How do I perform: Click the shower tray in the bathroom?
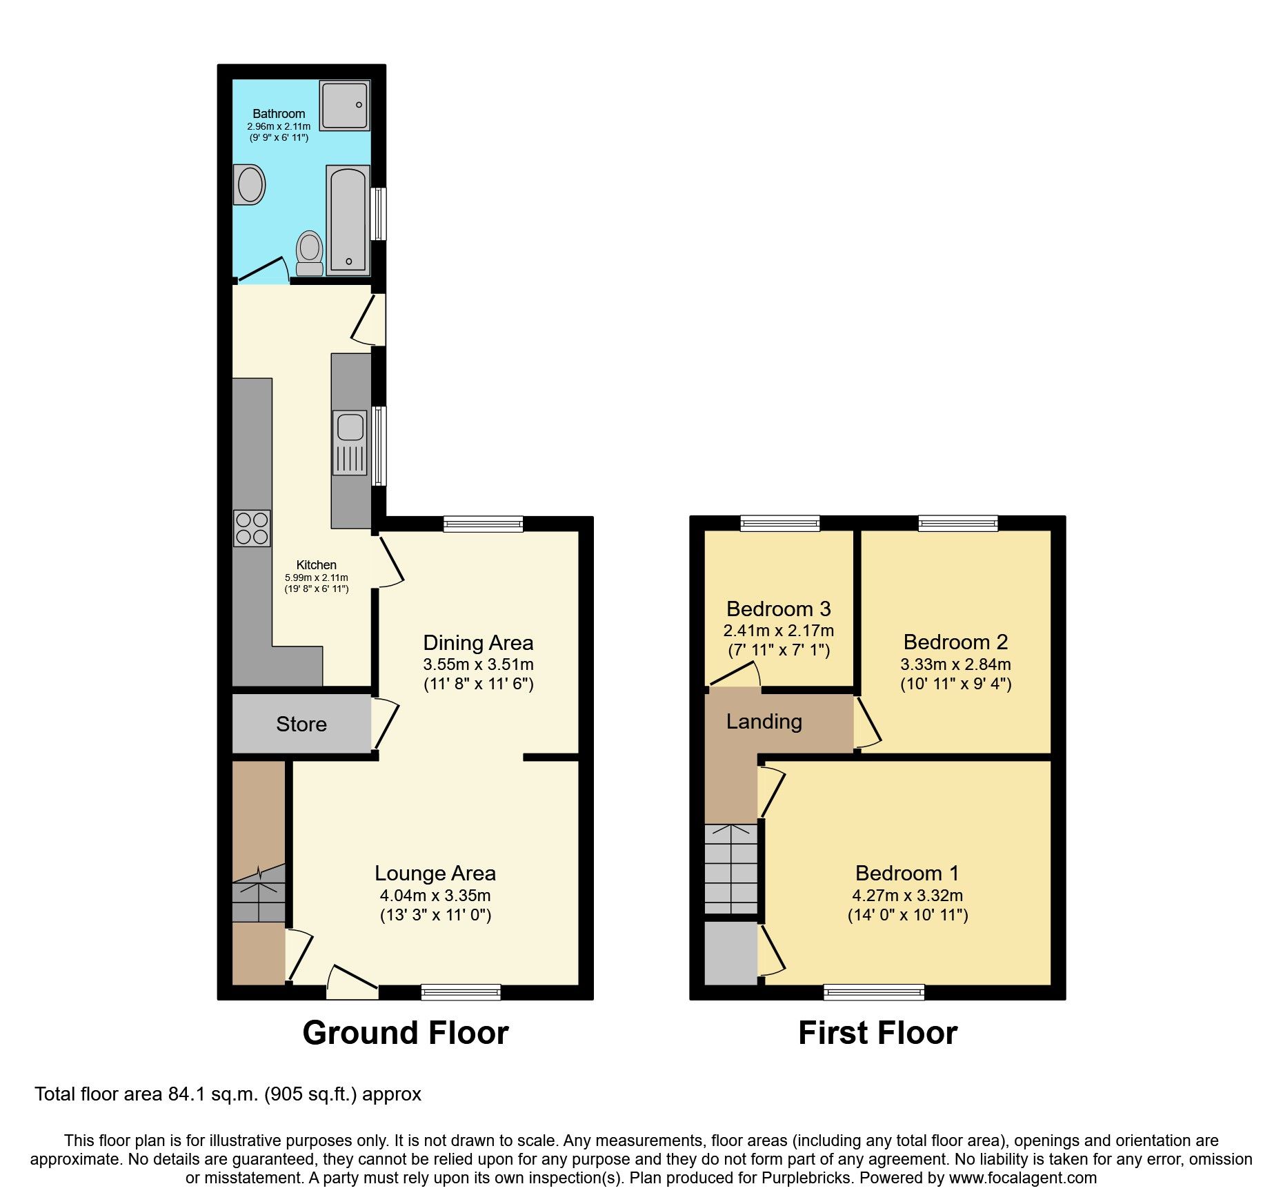point(344,105)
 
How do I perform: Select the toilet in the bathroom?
point(310,253)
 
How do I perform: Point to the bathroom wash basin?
point(249,184)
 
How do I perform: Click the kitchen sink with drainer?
point(350,442)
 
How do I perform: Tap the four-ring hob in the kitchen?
point(252,528)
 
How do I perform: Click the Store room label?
point(301,724)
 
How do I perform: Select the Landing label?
point(764,722)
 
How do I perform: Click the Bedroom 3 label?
point(778,609)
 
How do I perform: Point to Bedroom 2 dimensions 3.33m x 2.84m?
point(955,664)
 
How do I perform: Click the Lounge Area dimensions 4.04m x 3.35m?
point(435,896)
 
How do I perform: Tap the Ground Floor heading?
point(406,1033)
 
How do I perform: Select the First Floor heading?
point(877,1033)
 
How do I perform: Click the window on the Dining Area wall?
point(483,524)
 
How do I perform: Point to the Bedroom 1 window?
point(874,993)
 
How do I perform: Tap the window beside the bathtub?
point(378,214)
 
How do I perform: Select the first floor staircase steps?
point(731,869)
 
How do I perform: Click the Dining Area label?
point(478,643)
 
